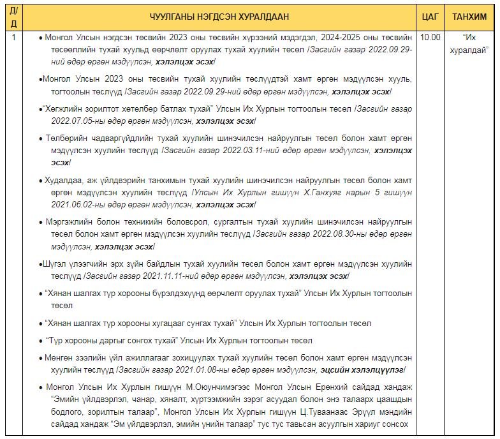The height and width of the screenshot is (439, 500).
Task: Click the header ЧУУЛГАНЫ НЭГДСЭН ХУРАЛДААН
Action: [219, 17]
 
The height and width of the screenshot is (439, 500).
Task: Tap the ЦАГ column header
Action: [431, 17]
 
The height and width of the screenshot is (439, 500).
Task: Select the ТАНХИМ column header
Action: [471, 17]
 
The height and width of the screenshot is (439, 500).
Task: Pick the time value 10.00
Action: [430, 37]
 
